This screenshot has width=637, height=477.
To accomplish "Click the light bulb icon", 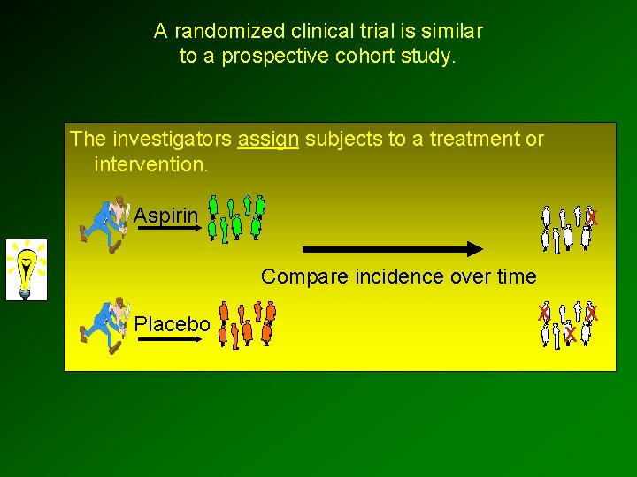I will (27, 269).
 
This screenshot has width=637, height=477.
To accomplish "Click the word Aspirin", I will (165, 216).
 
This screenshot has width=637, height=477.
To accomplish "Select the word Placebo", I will (172, 325).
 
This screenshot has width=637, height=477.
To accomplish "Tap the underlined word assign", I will (268, 140).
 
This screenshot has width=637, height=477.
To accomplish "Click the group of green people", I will (236, 218).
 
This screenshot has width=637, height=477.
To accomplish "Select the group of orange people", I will (247, 323).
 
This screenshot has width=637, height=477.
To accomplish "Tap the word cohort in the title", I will (363, 57).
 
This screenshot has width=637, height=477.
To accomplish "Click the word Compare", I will (295, 277).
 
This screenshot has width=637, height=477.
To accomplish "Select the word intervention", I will (150, 164).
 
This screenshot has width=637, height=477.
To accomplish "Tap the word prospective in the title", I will (271, 57).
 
